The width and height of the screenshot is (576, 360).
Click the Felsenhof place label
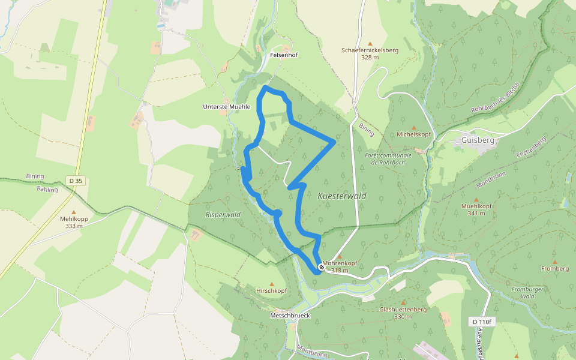pyautogui.click(x=284, y=55)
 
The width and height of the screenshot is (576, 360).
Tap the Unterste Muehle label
pyautogui.click(x=226, y=106)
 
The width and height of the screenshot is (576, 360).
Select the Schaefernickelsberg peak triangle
pyautogui.click(x=370, y=43)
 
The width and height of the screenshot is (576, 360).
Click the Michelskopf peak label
pyautogui.click(x=413, y=134)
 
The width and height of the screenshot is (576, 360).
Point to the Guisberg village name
pyautogui.click(x=478, y=140)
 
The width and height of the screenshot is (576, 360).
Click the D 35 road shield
pyautogui.click(x=75, y=180)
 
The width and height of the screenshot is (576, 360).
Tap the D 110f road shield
pyautogui.click(x=481, y=322)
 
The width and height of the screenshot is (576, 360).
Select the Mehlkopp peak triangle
pyautogui.click(x=74, y=212)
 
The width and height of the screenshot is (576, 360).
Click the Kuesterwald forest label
pyautogui.click(x=341, y=196)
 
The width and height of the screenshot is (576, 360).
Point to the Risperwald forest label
pyautogui.click(x=223, y=214)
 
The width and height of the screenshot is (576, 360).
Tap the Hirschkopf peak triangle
pyautogui.click(x=271, y=284)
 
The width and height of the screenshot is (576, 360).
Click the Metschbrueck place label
pyautogui.click(x=290, y=315)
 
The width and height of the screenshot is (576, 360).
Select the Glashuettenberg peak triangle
pyautogui.click(x=403, y=302)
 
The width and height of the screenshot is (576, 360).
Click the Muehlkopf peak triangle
pyautogui.click(x=477, y=199)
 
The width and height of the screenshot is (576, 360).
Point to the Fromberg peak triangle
pyautogui.click(x=555, y=262)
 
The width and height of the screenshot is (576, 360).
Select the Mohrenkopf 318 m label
pyautogui.click(x=340, y=266)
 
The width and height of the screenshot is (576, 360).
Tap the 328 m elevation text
pyautogui.click(x=370, y=58)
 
